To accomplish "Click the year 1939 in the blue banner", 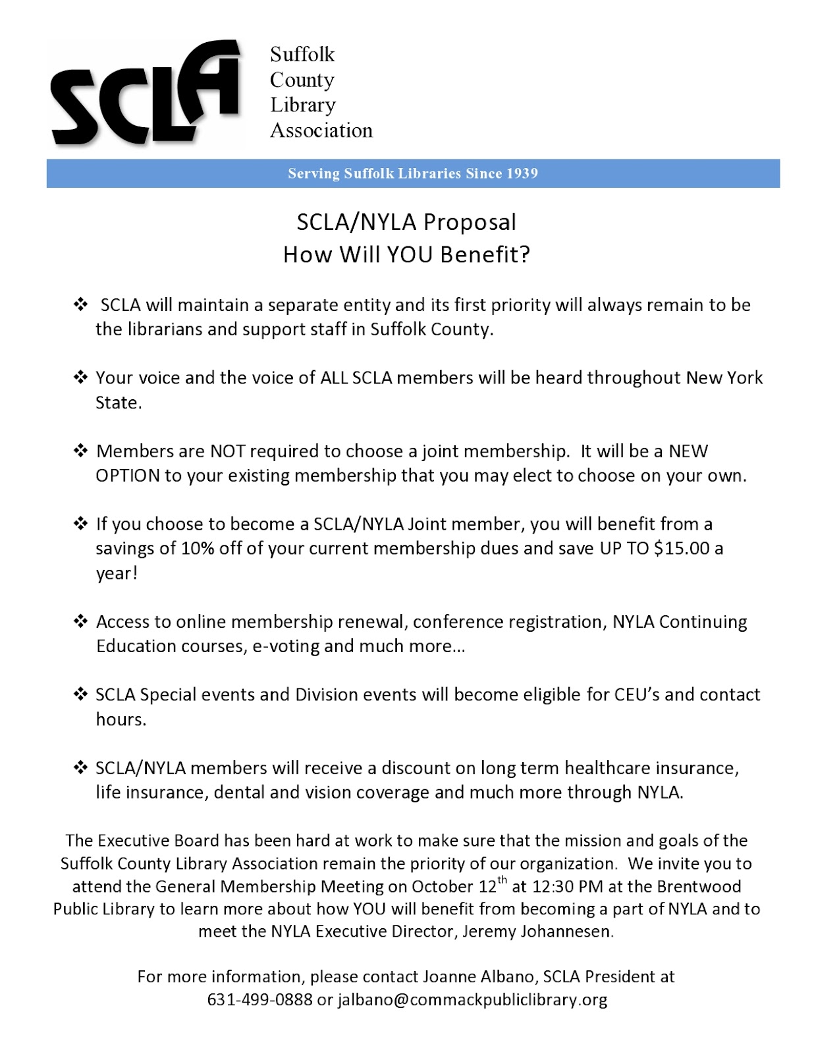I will [522, 173].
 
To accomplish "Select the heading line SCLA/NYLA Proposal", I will [406, 222].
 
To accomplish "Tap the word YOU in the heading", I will [410, 254].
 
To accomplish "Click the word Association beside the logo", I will [321, 130].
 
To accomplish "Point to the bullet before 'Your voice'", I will [80, 377].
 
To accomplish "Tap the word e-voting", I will [287, 646].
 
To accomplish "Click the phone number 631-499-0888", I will [259, 1000].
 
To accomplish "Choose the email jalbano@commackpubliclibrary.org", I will [472, 1000].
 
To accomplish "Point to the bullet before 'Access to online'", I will [80, 621].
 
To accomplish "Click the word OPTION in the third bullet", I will [128, 476].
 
